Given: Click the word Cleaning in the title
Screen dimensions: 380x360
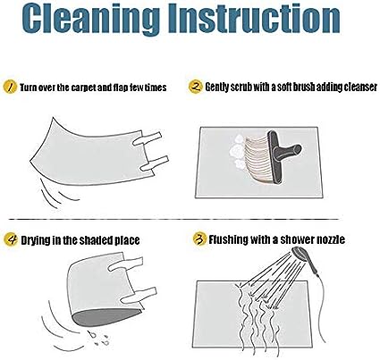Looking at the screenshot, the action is coord(90,19).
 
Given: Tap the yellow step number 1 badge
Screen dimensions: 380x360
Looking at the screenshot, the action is coord(10,87).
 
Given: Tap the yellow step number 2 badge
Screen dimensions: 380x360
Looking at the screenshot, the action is coord(196,87).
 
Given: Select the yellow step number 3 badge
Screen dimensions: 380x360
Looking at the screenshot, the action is coord(199,239).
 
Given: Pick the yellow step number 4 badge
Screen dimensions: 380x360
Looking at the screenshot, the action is coord(11,239).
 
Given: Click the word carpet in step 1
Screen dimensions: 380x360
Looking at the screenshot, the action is coord(83,88).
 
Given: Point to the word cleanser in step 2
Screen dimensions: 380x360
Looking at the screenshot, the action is coord(360,87).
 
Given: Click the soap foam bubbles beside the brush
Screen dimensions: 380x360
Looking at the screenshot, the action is coord(239,151).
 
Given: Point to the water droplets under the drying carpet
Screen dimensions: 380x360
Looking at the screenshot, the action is coord(99,338).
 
